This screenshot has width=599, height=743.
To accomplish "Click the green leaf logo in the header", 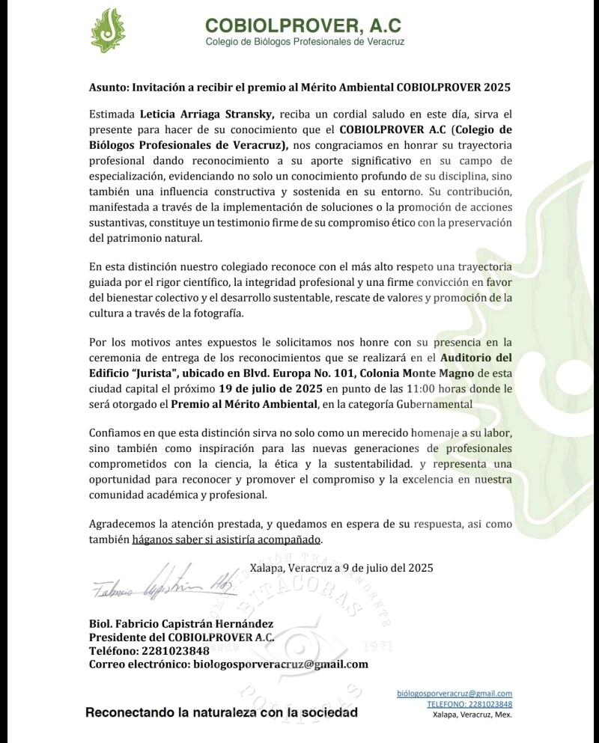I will [x=108, y=30].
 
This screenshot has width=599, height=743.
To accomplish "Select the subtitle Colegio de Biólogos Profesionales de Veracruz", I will [x=305, y=42].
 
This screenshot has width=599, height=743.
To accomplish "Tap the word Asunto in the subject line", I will [x=108, y=87].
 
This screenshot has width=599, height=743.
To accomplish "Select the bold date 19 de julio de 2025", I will [x=270, y=388].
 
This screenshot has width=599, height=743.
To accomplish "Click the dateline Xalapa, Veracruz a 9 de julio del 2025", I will [x=341, y=568].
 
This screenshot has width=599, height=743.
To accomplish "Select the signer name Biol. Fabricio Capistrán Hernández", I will [x=181, y=623].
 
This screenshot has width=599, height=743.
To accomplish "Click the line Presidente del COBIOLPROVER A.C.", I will [x=181, y=637].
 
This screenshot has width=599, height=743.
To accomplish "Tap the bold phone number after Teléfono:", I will [x=173, y=650].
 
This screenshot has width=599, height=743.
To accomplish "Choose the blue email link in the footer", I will [x=454, y=694].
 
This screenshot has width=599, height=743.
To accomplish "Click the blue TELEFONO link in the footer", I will [x=469, y=704].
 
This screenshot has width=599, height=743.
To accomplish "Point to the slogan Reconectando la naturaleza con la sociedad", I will [x=222, y=712].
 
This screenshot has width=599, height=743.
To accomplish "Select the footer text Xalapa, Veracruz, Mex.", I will [x=472, y=715].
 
